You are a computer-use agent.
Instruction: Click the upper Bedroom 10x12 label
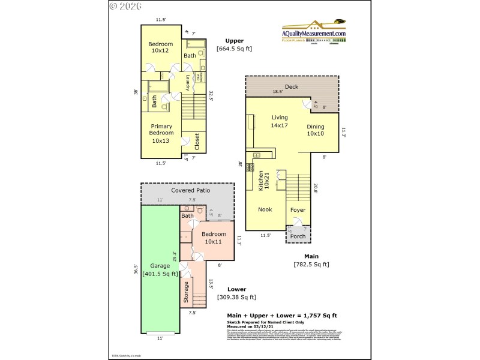click(x=161, y=47)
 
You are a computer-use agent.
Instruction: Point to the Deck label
click(x=292, y=86)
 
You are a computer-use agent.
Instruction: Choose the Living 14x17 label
click(x=280, y=121)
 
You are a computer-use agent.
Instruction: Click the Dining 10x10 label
click(x=316, y=130)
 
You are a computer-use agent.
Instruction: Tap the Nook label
click(x=265, y=209)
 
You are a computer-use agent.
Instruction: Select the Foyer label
click(x=298, y=210)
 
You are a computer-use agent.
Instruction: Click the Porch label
click(x=298, y=236)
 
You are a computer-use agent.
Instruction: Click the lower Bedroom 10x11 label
click(x=214, y=238)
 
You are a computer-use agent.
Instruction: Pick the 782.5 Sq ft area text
click(x=311, y=264)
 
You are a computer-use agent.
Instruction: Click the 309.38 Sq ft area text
click(x=237, y=296)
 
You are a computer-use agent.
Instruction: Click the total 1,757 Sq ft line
click(x=281, y=315)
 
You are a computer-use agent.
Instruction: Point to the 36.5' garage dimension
click(x=136, y=270)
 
